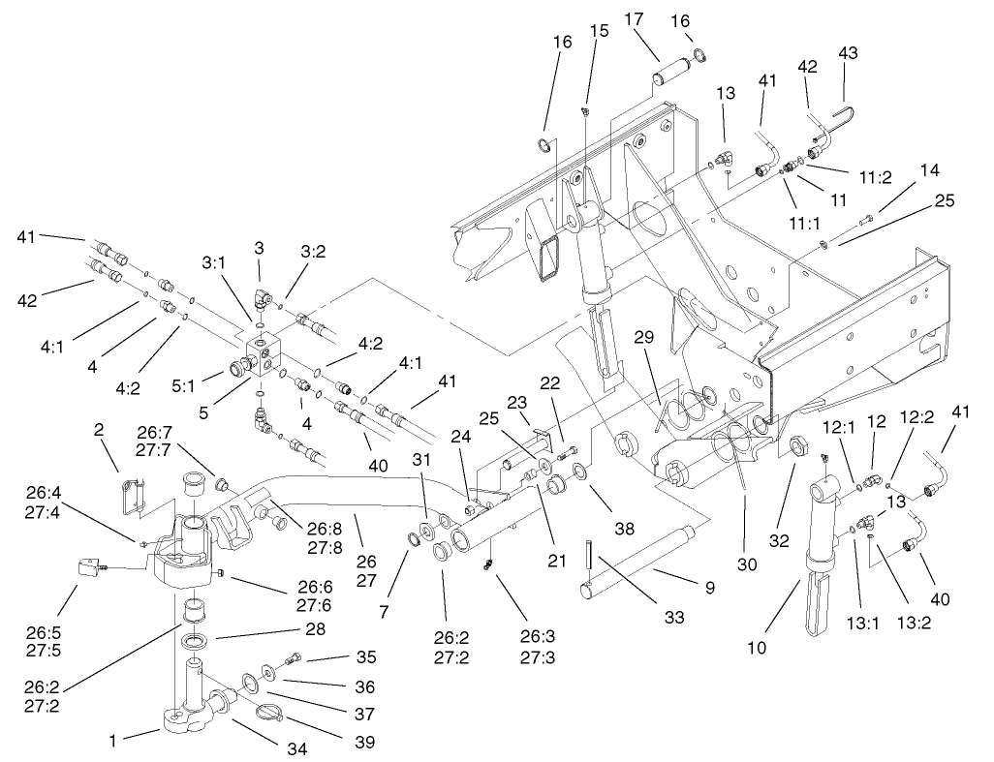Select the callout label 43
848,52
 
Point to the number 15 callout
600,31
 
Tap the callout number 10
757,648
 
